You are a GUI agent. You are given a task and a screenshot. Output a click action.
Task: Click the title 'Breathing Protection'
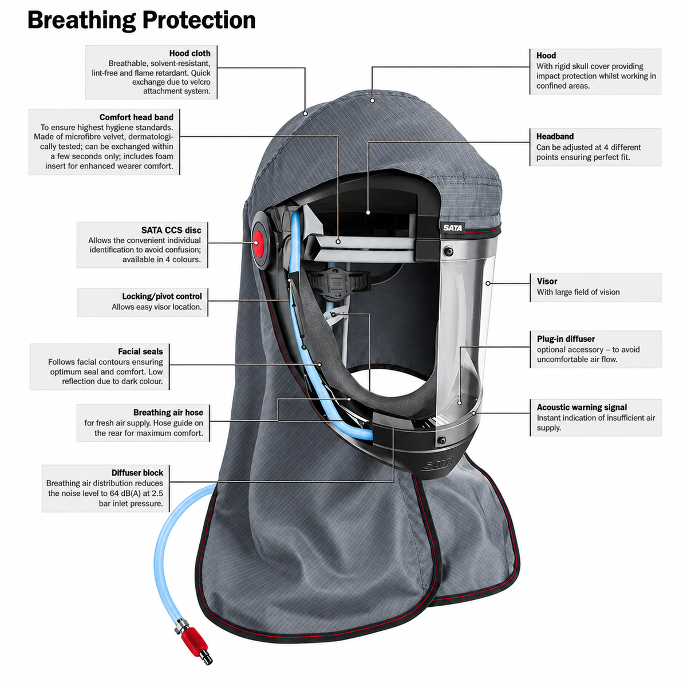click(x=141, y=21)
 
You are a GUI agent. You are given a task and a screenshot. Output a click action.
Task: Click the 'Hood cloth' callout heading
click(x=189, y=53)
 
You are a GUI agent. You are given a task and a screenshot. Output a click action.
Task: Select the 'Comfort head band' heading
click(x=136, y=117)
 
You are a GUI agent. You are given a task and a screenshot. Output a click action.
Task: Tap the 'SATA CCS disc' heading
click(x=171, y=230)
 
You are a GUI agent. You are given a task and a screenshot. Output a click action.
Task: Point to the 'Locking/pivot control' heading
click(x=162, y=296)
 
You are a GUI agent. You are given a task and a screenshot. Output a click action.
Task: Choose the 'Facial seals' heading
click(x=140, y=352)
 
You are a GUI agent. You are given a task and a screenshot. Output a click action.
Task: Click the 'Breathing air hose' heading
click(x=168, y=412)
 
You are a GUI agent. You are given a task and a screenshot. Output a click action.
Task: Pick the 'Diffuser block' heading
click(x=137, y=473)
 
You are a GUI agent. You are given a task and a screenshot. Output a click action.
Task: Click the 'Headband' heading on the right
click(x=555, y=137)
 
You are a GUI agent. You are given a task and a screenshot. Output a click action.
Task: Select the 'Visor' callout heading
click(x=547, y=281)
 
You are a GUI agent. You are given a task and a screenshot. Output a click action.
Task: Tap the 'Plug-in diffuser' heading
click(x=566, y=339)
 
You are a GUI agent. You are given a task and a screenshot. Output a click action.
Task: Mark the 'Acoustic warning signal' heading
click(x=582, y=407)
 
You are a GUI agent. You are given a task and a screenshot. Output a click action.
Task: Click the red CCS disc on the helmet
click(x=258, y=242)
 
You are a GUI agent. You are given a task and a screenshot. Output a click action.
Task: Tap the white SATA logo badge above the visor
click(x=452, y=228)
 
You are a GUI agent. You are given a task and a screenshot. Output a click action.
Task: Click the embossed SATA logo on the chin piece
click(x=437, y=464)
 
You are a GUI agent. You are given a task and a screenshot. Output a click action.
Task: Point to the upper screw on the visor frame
click(x=448, y=251)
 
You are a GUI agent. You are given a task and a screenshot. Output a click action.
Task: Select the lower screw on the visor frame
click(x=442, y=440)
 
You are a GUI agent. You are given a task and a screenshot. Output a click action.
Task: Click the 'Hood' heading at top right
click(x=546, y=56)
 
